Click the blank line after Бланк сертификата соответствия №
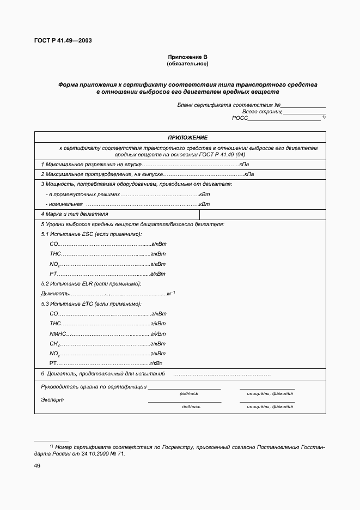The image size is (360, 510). point(303,105)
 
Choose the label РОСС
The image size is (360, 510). point(240,118)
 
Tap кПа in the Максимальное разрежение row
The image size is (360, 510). point(245,164)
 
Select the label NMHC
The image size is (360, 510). point(57,334)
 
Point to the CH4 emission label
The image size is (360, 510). point(54,344)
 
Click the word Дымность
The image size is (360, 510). point(52,294)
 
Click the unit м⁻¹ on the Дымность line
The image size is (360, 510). point(170,294)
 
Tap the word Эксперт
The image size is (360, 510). point(52,399)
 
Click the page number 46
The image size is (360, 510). point(38,466)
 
